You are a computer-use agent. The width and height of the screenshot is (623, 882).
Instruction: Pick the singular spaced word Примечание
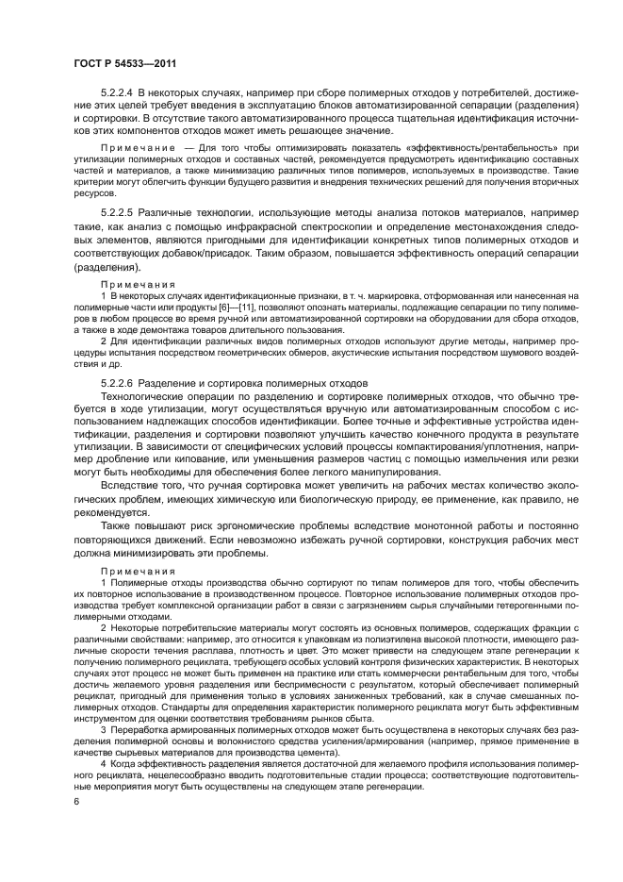[139, 149]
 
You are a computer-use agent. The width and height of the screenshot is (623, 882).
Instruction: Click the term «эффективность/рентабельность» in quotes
[467, 149]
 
